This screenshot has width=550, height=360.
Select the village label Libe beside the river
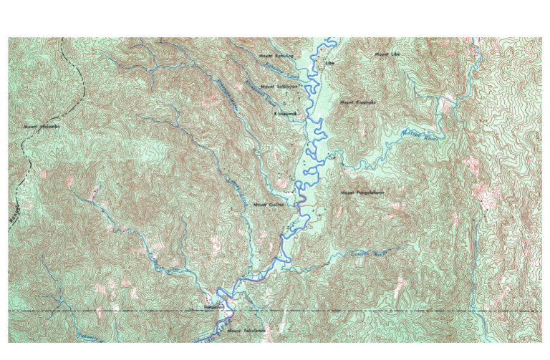click(x=330, y=63)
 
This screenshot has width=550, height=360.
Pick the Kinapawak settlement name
click(x=284, y=113)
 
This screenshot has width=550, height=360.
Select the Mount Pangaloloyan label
click(x=362, y=193)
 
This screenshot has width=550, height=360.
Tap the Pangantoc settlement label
click(x=214, y=308)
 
